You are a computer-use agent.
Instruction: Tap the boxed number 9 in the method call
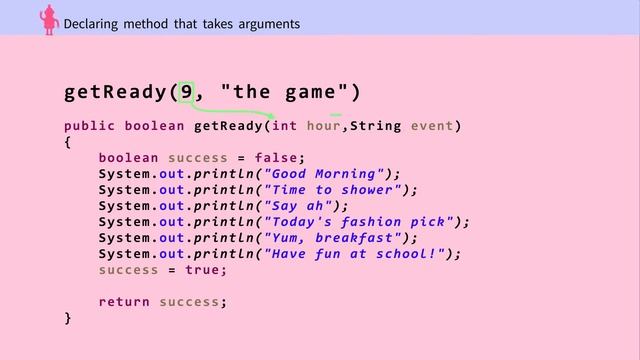(186, 93)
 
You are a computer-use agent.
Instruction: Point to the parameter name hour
(323, 126)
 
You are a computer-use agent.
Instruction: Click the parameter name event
(431, 126)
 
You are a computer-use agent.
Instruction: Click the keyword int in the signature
(285, 126)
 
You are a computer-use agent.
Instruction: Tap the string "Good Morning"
(322, 174)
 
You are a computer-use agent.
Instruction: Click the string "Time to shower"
(331, 190)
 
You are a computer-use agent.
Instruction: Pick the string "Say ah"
(297, 206)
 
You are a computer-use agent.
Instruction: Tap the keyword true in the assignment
(204, 270)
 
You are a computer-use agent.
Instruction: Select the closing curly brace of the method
(68, 318)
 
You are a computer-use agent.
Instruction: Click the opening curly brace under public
(68, 142)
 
